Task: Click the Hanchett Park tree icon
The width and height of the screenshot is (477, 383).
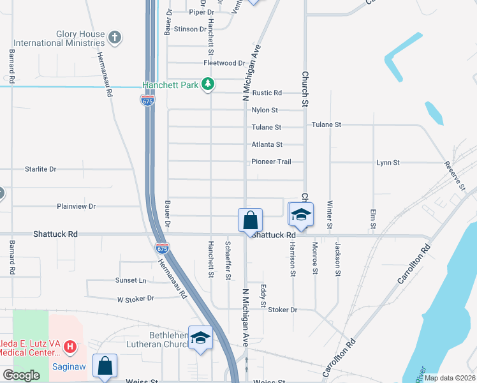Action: [207, 84]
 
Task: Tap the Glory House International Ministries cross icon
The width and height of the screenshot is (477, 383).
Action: [115, 37]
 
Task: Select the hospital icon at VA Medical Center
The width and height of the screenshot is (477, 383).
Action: [70, 349]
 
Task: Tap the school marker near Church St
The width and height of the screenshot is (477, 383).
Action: [301, 214]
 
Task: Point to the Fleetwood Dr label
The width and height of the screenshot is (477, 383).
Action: [224, 63]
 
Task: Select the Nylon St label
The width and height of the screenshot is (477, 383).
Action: [265, 110]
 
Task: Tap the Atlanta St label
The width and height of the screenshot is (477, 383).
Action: [267, 145]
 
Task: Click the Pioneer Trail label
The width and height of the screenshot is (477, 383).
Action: [271, 161]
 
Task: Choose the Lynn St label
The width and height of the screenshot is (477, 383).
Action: [388, 163]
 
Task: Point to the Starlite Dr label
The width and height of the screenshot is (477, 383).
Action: [41, 169]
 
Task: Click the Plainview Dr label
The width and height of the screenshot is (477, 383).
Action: [76, 206]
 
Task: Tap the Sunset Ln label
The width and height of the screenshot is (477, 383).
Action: [131, 280]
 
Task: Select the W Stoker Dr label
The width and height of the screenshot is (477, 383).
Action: [136, 298]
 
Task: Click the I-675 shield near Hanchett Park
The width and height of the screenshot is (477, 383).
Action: [147, 101]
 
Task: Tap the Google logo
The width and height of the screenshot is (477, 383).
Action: [21, 375]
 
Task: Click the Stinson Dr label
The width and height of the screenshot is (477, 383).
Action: [190, 29]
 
